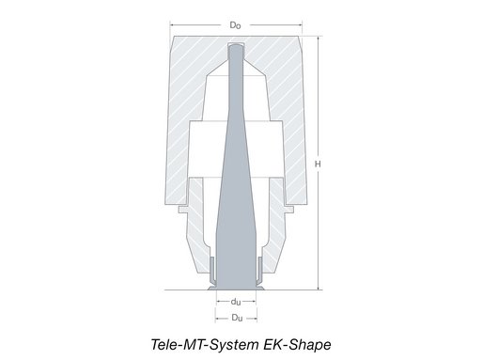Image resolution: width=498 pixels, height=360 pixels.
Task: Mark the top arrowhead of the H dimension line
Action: (x=320, y=38)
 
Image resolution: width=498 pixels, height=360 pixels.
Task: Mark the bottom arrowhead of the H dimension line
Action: (x=320, y=289)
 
